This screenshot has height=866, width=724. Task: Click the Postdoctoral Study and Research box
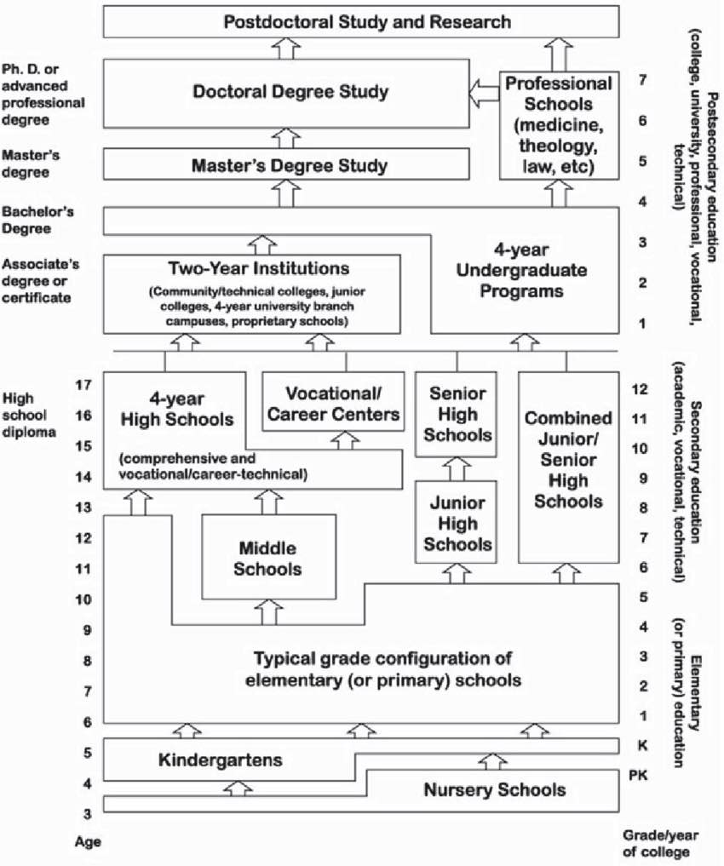point(361,22)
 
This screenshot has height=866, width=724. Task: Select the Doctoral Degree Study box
point(286,94)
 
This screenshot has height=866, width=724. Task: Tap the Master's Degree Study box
point(286,164)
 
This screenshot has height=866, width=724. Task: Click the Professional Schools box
point(559,125)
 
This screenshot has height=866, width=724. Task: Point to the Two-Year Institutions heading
point(259,268)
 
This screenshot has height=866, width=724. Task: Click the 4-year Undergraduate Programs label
point(521,271)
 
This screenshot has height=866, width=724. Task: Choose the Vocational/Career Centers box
point(333,402)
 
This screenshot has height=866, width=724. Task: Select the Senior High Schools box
point(457,414)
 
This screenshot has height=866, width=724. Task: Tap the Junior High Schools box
point(457,522)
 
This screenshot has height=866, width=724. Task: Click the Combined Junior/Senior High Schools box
point(568,467)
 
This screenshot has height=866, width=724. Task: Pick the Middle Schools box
point(268,557)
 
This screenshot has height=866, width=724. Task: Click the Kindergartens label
point(221,760)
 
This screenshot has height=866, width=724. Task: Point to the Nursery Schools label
point(494,789)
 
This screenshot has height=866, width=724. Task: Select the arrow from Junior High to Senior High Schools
point(457,469)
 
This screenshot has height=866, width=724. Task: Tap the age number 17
point(83,384)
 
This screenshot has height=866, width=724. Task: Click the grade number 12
point(639,389)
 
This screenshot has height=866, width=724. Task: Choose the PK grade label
point(638,776)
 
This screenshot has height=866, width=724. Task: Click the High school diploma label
point(29,415)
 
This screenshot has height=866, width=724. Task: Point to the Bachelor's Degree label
point(37,220)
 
